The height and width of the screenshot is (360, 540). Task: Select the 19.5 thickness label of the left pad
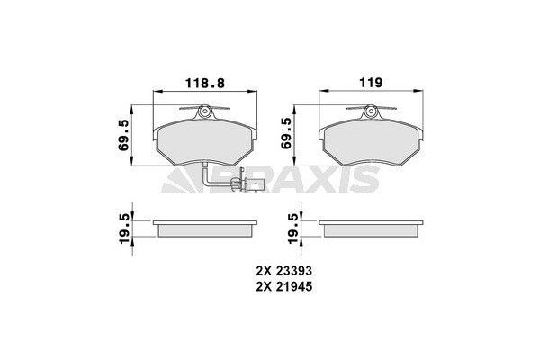click(124, 224)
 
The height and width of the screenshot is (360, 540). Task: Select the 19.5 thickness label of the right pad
click(287, 224)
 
